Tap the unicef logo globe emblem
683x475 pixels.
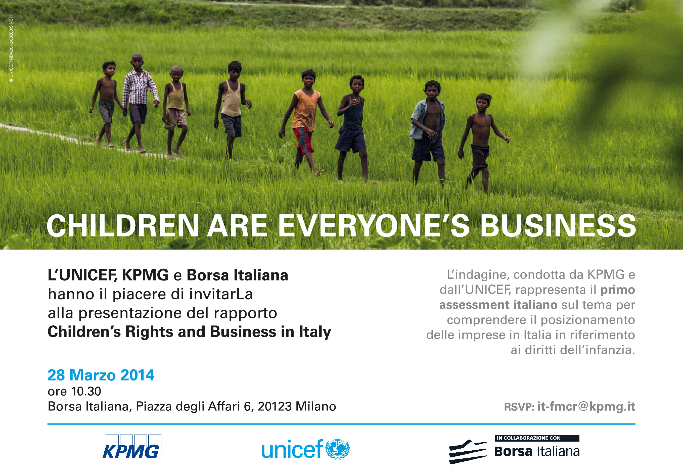(337, 449)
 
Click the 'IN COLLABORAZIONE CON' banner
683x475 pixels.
(537, 438)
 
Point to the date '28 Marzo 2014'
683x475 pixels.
(101, 375)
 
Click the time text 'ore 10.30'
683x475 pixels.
(74, 391)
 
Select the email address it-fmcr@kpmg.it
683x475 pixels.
(586, 406)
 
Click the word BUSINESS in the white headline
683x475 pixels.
(558, 226)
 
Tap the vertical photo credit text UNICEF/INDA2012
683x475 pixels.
(11, 49)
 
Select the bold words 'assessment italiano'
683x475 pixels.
(498, 305)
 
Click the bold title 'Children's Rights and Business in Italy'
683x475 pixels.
(189, 332)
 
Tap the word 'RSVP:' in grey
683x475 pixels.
(519, 407)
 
